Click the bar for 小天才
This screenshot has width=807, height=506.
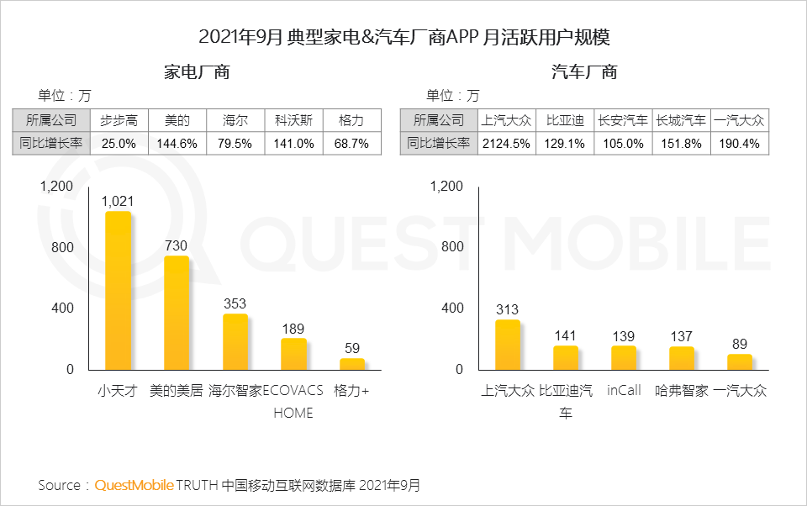(x=118, y=291)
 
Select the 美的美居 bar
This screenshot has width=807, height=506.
(x=177, y=313)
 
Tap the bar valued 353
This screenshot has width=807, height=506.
(x=235, y=341)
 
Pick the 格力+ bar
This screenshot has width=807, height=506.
(x=352, y=364)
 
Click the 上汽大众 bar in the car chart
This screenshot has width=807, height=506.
(x=507, y=345)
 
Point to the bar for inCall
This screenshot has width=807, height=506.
(x=624, y=357)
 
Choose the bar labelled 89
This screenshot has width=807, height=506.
(x=740, y=361)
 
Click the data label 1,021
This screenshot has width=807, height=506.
(x=118, y=201)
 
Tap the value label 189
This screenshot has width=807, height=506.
(x=293, y=329)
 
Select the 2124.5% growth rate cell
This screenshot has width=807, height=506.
(x=506, y=144)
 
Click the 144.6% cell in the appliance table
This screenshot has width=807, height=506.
(x=177, y=144)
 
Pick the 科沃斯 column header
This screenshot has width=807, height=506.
(x=293, y=120)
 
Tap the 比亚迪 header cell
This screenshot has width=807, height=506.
(x=565, y=120)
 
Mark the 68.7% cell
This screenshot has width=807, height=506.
(x=351, y=144)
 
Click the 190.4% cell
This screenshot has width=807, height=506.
(x=740, y=144)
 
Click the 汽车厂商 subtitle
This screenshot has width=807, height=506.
(x=584, y=72)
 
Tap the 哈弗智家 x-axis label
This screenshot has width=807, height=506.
(x=682, y=391)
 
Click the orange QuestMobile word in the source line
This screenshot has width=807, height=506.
(x=134, y=485)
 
